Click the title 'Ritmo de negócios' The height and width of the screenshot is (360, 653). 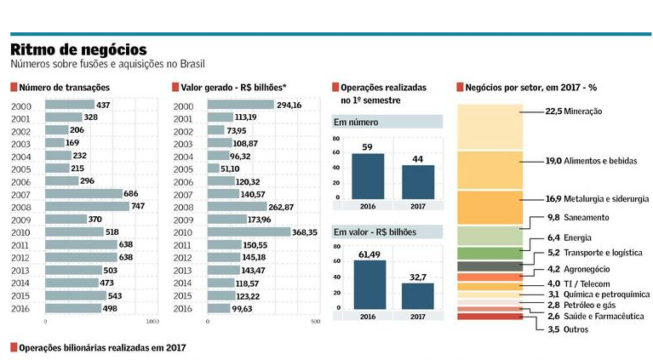[x=78, y=50]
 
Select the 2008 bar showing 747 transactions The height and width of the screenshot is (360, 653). [x=87, y=206]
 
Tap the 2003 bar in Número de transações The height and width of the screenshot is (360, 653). [x=54, y=143]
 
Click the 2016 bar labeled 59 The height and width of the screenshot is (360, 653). [x=368, y=175]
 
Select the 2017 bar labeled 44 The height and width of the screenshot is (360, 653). [x=418, y=181]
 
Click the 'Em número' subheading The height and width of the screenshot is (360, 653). [x=355, y=122]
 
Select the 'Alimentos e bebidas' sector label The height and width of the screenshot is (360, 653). [x=600, y=159]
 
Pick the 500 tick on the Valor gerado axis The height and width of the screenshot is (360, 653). [x=316, y=323]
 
